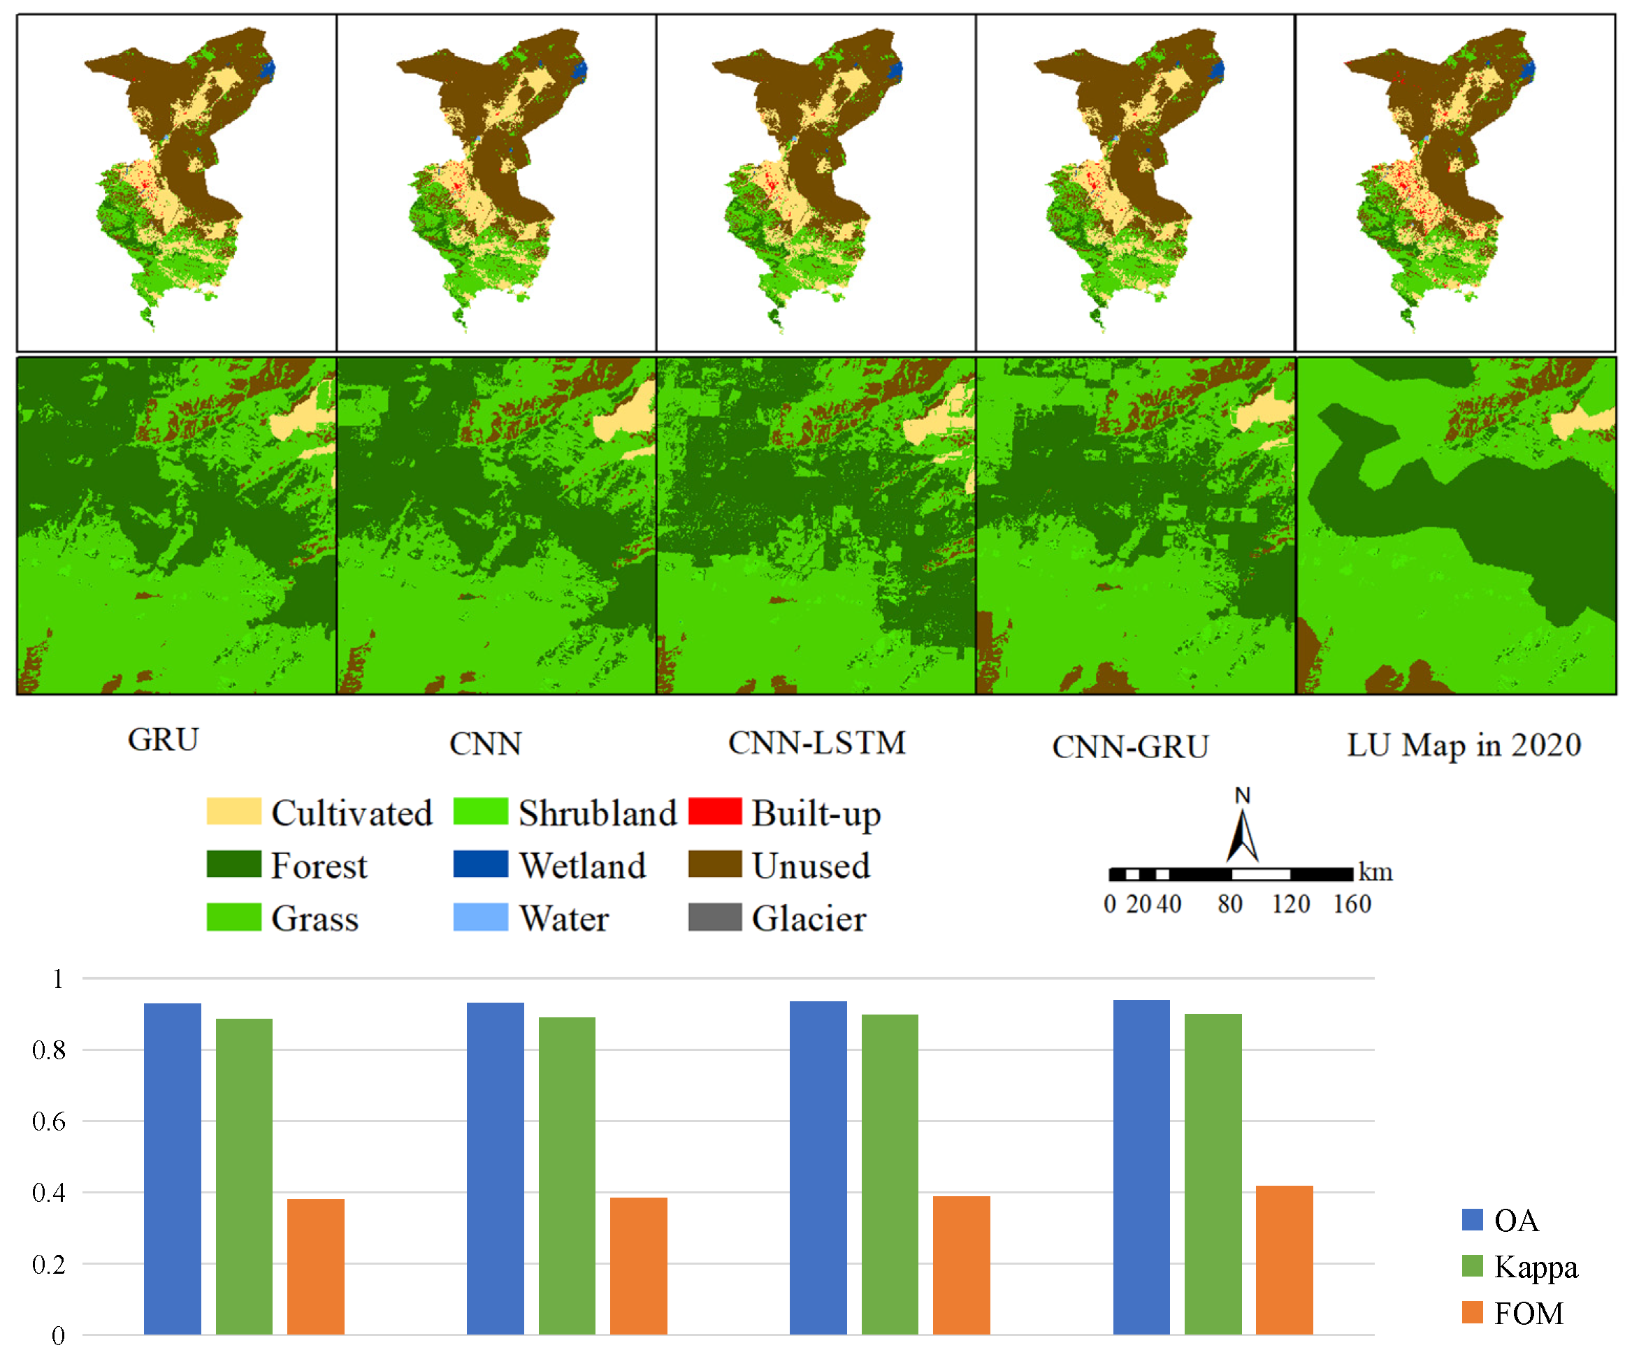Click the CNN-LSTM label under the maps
pos(816,743)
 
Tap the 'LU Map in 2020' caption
pos(1463,745)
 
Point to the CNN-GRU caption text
pos(1129,747)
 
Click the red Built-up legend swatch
pos(714,811)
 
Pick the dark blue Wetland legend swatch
pos(480,864)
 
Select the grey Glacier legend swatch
pos(714,917)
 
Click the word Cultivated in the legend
pos(351,813)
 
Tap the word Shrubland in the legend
pos(597,813)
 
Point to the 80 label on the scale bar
pos(1229,903)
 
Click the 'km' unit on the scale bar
pos(1375,873)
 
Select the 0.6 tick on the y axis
pos(48,1121)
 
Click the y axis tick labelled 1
pos(57,979)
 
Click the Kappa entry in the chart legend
pos(1534,1267)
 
